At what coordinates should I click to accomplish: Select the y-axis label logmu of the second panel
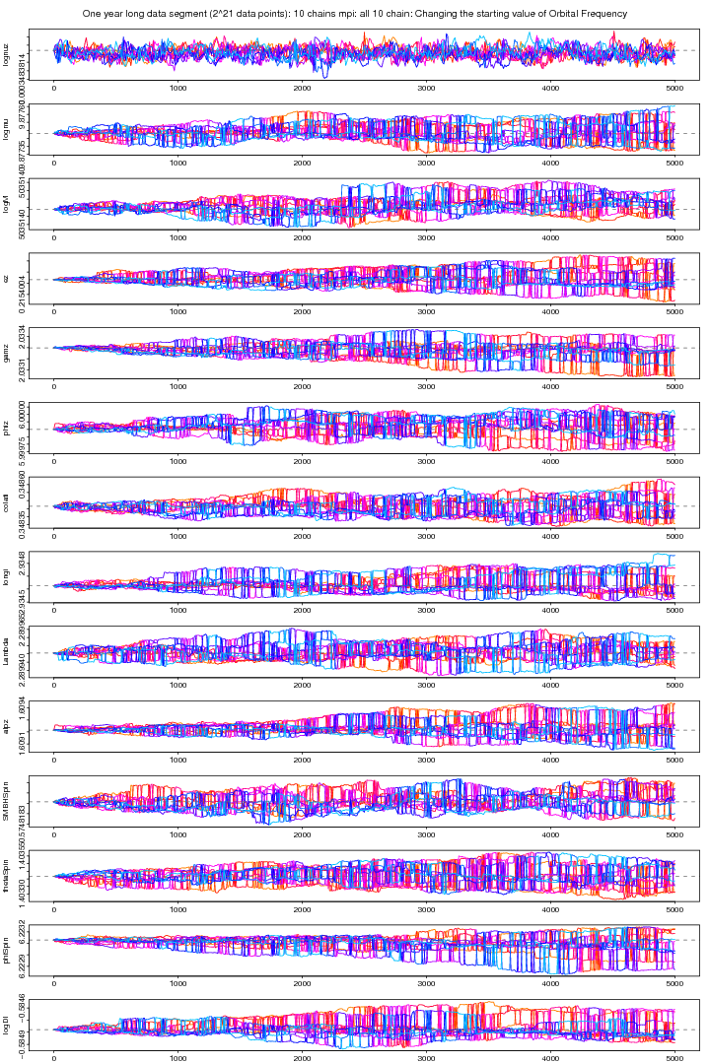7,127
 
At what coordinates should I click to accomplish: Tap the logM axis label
7,203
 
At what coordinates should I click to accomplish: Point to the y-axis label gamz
7,352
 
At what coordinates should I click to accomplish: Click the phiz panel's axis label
7,428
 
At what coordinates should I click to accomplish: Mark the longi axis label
7,577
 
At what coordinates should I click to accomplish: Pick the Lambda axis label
7,652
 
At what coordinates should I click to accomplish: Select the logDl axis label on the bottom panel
7,1026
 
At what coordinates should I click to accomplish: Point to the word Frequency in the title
592,14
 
